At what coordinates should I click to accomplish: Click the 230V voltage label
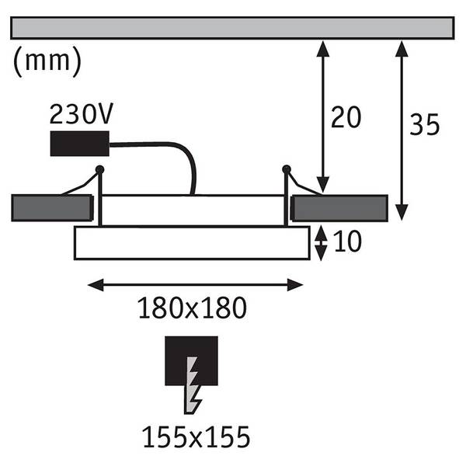81,114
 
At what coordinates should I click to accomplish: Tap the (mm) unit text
47,61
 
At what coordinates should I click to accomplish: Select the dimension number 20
346,117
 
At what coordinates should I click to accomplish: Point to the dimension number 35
424,124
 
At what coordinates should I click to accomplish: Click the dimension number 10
347,242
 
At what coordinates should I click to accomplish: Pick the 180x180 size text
193,308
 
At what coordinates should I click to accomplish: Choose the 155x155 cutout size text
196,436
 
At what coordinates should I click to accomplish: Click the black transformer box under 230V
80,144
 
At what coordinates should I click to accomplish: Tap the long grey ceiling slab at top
232,28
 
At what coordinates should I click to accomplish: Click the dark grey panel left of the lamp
52,208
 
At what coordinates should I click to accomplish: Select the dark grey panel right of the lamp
339,208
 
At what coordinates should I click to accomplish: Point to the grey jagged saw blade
192,385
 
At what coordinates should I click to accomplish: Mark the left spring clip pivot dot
99,169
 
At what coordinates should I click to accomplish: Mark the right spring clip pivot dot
287,169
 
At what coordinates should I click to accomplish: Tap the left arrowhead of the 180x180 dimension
96,285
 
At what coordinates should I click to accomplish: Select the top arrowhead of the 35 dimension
402,49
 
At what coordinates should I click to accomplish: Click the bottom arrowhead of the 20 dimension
323,184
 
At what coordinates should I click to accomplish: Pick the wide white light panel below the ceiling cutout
192,243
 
